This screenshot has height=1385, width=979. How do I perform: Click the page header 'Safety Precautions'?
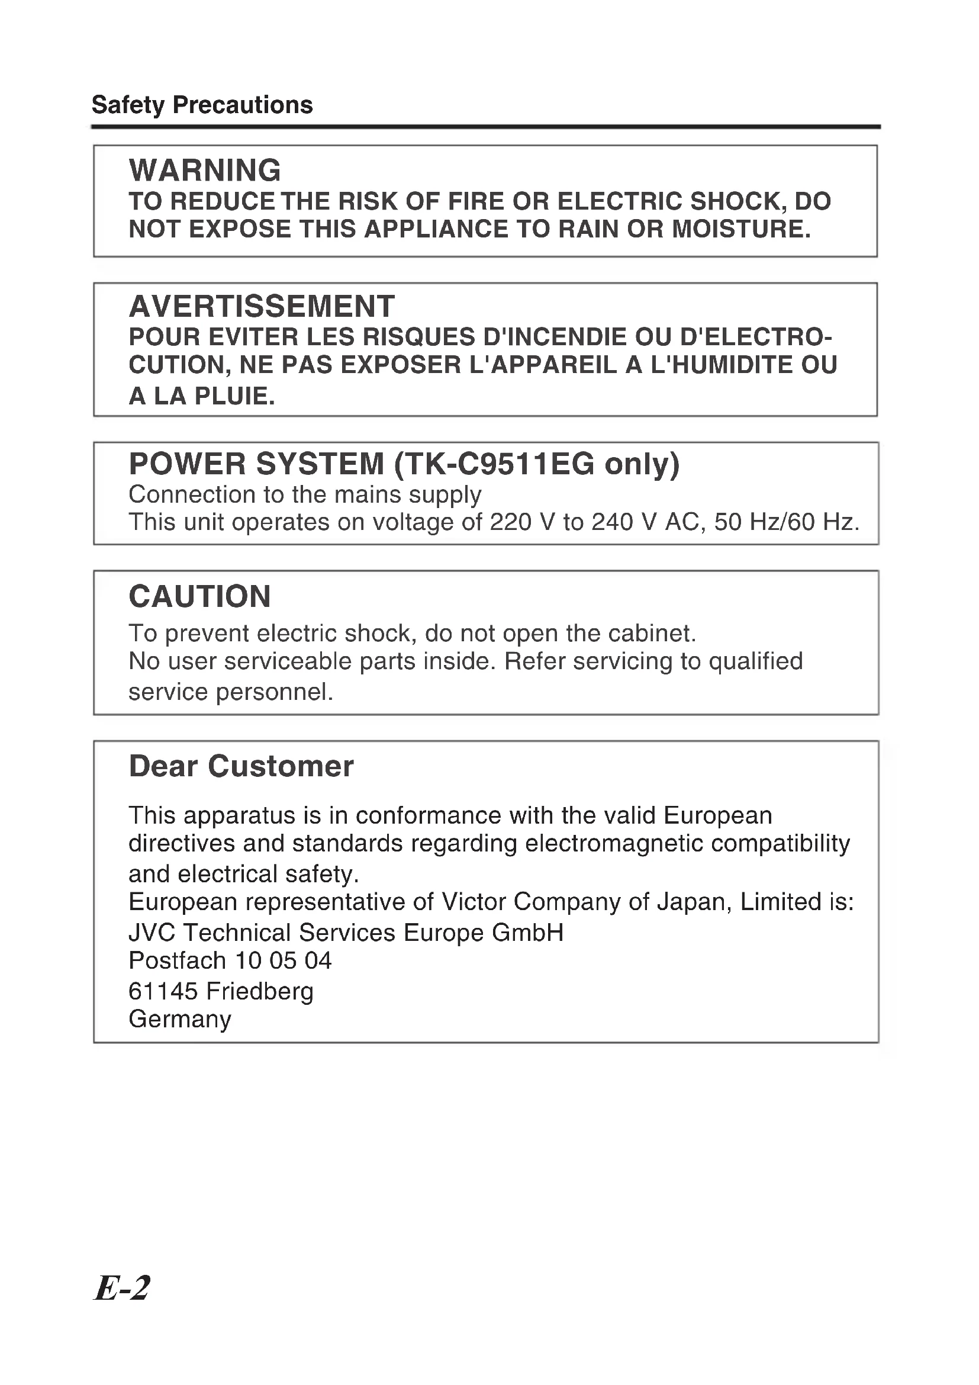202,105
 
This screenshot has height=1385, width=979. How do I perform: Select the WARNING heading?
205,170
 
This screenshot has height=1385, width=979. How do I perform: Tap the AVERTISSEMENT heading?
262,307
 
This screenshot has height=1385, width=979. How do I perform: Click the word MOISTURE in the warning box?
741,230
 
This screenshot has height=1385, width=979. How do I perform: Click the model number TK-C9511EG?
500,464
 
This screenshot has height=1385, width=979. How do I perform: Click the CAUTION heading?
199,597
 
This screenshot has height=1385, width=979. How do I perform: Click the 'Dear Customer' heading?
241,767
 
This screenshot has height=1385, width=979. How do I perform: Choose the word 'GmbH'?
527,933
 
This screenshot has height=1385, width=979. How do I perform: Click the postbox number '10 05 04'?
283,960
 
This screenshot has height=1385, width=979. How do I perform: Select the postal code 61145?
163,991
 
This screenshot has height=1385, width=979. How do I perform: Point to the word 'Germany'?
180,1020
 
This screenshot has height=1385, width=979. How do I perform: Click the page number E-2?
123,1288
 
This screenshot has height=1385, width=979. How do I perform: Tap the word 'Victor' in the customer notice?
474,902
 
